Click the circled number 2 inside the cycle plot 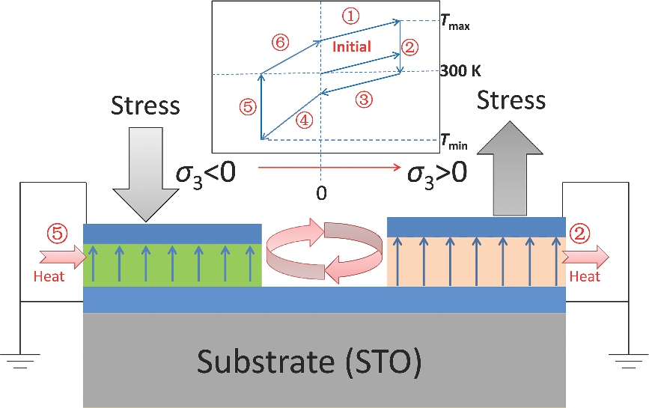409,47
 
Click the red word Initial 351,46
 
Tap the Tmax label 455,25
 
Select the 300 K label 460,72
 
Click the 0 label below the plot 321,193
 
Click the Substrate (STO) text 310,362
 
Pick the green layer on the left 172,264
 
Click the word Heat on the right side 585,277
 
